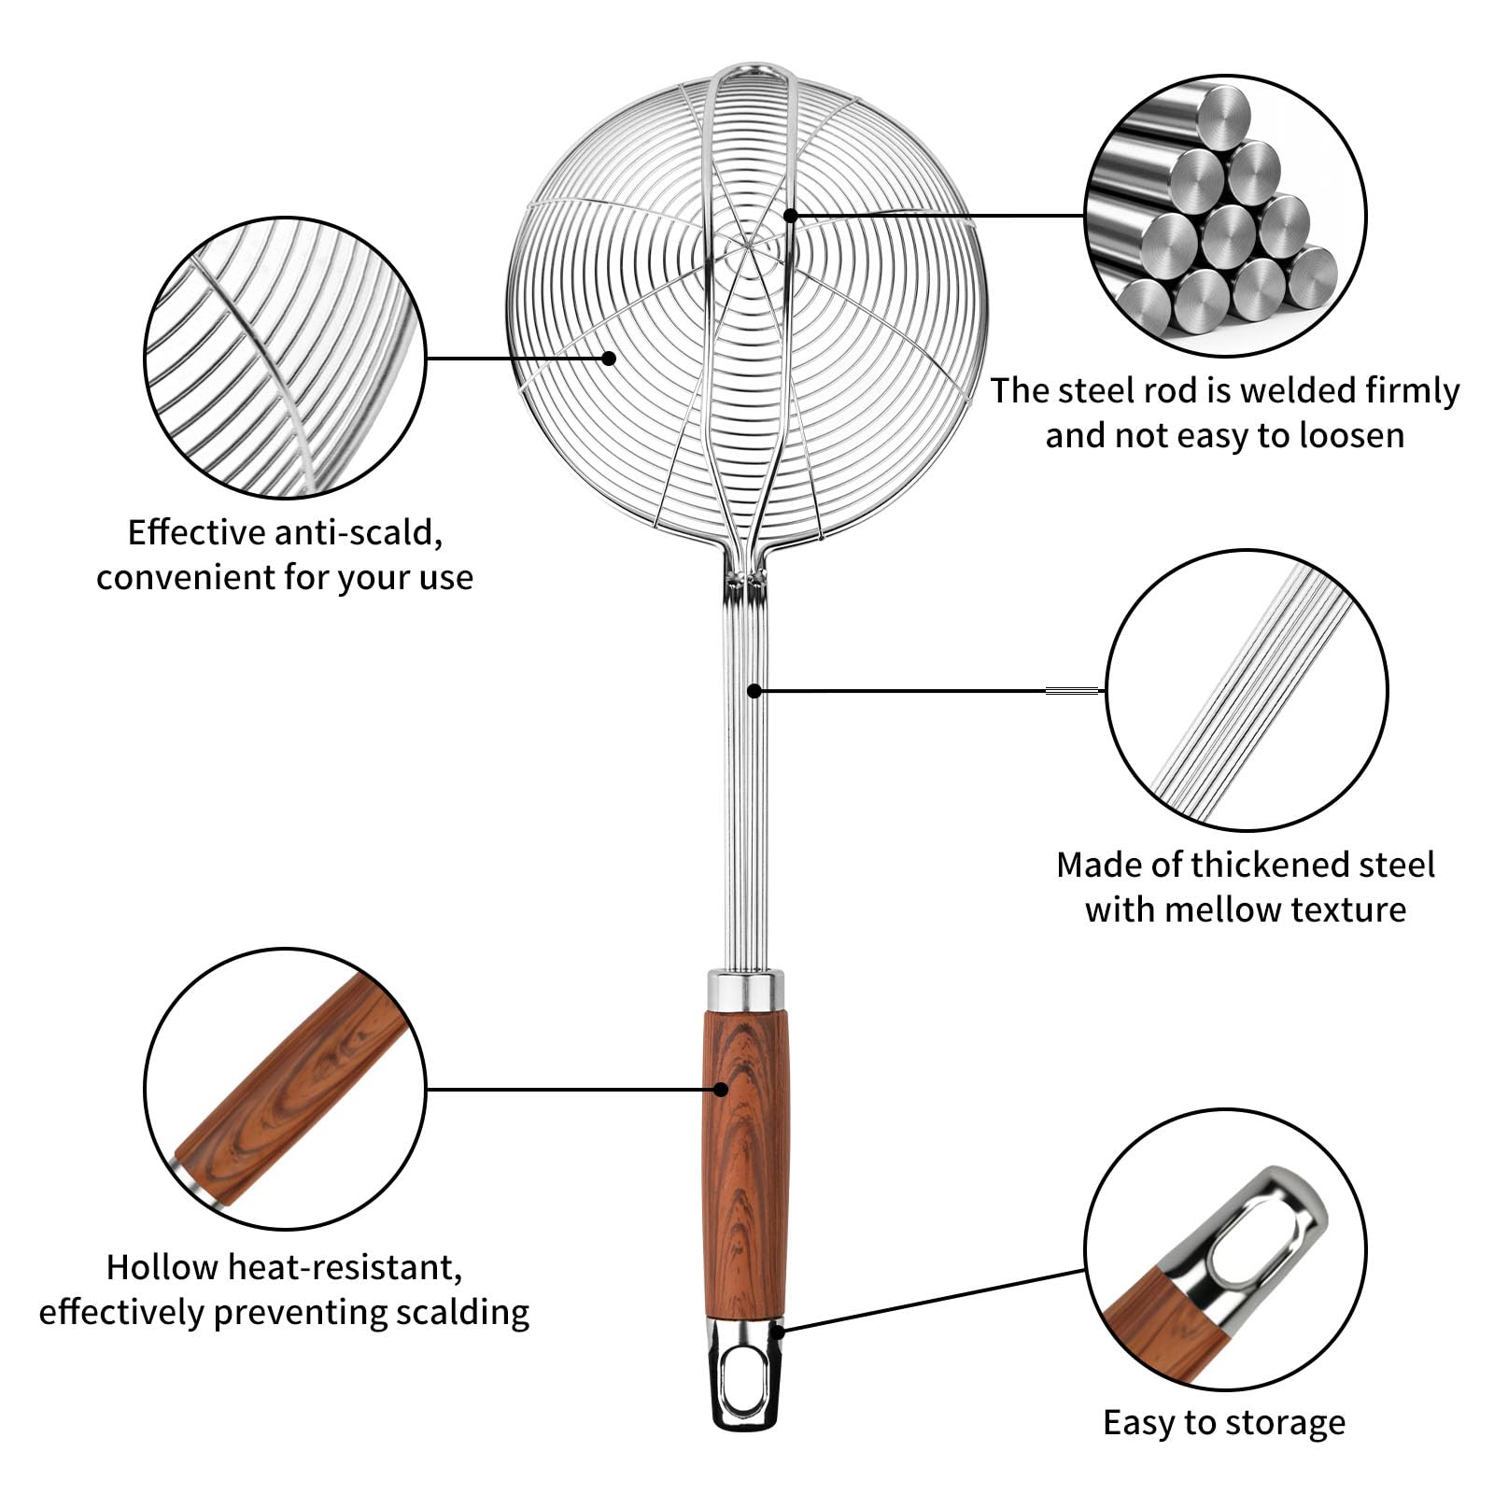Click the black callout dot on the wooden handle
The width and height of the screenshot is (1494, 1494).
(x=721, y=1089)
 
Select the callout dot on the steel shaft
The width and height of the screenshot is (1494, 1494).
(x=754, y=691)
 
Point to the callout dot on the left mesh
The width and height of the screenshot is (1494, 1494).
(x=609, y=358)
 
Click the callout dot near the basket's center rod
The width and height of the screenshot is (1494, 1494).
(x=790, y=216)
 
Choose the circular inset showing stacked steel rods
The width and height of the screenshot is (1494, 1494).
(x=1225, y=216)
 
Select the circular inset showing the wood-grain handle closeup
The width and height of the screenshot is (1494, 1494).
(x=285, y=1089)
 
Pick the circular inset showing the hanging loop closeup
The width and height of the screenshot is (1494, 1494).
(x=1225, y=1250)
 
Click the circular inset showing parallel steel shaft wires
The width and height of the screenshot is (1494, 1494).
(x=1247, y=691)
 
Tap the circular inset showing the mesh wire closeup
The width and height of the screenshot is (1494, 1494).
(x=285, y=358)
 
